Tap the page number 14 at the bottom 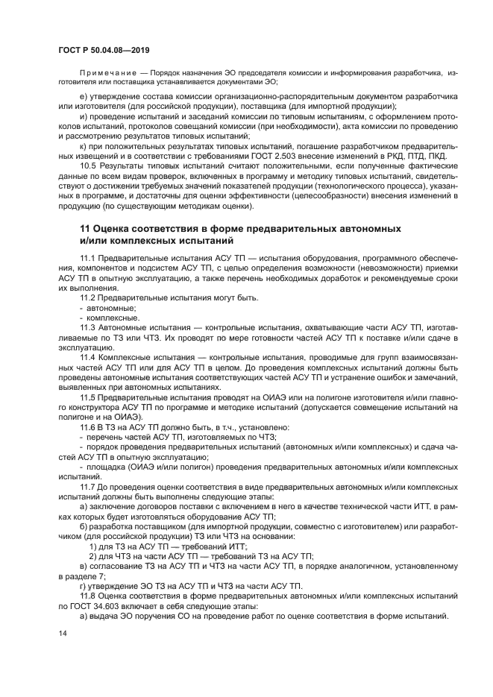pos(63,632)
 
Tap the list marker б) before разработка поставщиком pos(84,526)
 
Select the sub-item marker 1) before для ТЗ pos(93,546)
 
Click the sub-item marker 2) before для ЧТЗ pos(93,555)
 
